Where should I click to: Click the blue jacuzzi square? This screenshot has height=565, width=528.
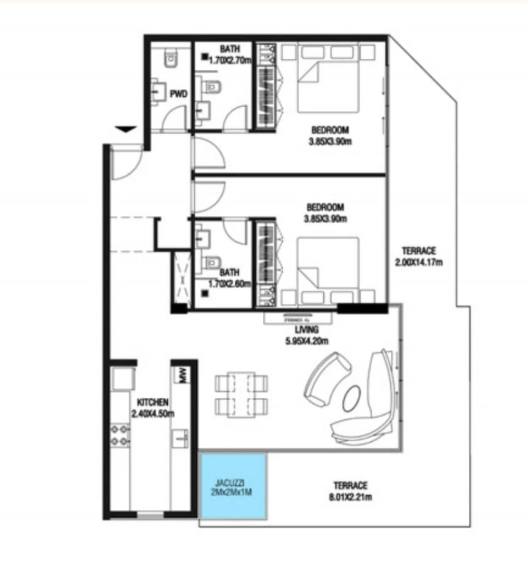(233, 486)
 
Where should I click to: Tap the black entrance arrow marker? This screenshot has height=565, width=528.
(126, 130)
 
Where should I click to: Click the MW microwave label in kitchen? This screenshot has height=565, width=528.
(182, 375)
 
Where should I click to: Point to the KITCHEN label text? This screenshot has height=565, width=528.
(153, 402)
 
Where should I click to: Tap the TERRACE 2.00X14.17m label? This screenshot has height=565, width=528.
(418, 256)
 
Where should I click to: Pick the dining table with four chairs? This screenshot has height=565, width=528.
(242, 394)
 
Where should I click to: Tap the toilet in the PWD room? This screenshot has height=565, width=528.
(171, 57)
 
